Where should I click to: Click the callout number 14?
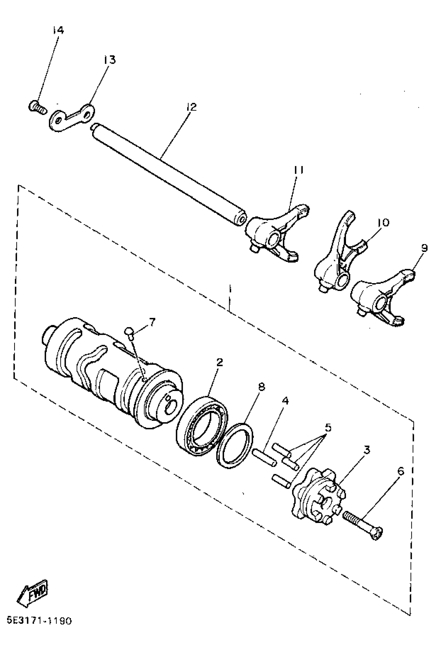click(x=58, y=30)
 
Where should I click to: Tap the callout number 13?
click(x=110, y=60)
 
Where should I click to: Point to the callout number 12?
click(x=192, y=106)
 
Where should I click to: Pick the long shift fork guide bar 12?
click(x=167, y=174)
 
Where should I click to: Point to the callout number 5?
click(x=328, y=428)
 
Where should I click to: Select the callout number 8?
click(x=261, y=387)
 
